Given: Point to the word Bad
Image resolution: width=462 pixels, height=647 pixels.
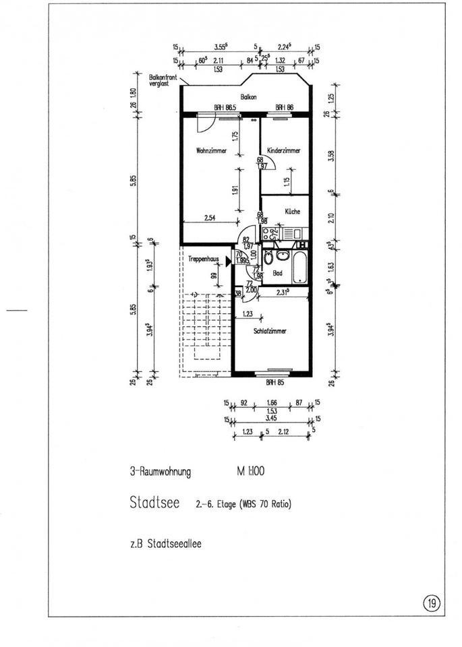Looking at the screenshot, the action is click(x=277, y=274).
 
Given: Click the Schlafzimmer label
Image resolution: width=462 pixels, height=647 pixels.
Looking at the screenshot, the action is click(x=270, y=331).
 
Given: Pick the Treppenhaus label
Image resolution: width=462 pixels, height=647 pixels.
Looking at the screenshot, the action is click(x=201, y=259).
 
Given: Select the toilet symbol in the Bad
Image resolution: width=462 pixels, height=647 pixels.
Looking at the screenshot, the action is click(x=268, y=259).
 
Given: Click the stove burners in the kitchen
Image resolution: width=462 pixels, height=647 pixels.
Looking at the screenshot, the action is click(x=273, y=233).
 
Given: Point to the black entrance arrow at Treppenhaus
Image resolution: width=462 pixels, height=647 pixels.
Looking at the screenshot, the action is click(x=229, y=259).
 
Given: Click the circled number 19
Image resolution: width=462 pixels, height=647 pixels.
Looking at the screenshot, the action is click(x=430, y=601).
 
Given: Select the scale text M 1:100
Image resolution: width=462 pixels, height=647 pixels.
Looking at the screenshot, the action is click(x=250, y=472).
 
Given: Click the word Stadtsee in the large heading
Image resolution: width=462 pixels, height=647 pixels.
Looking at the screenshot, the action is click(x=154, y=502).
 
